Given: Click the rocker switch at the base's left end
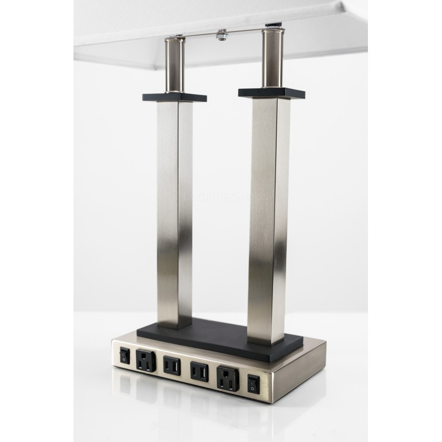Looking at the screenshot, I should click(x=125, y=357).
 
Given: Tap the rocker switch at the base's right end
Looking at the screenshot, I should click(x=254, y=384).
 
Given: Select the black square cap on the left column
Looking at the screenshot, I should click(x=175, y=97).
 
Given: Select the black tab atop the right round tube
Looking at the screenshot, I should click(x=273, y=25).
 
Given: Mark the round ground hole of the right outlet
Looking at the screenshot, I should click(x=227, y=385).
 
